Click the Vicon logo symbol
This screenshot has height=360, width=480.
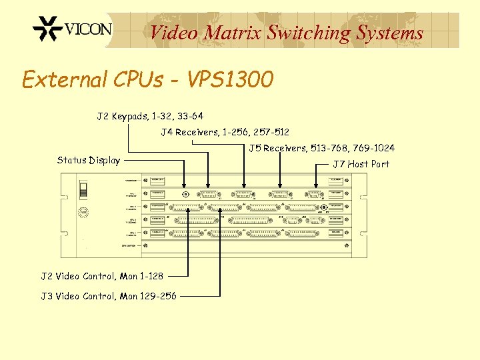[47, 29]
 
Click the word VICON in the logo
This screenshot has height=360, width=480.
[88, 29]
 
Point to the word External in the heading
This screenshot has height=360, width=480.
[62, 80]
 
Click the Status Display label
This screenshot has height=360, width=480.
[89, 160]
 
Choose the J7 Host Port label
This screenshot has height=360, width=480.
[361, 164]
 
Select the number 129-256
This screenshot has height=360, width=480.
[158, 296]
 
